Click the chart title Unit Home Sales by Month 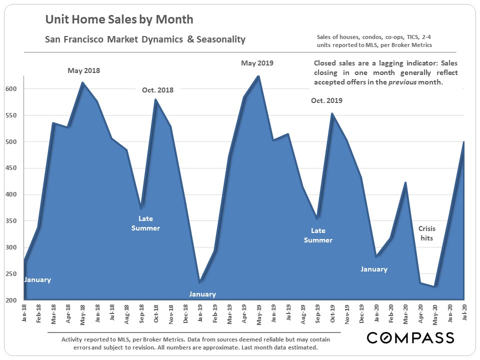tap(119, 20)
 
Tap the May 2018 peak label tap(84, 70)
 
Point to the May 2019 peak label tap(257, 63)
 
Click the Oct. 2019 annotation tap(326, 100)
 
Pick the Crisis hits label tap(426, 233)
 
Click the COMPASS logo tap(410, 338)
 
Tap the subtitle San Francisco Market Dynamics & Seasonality tap(145, 39)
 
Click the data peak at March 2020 tap(405, 182)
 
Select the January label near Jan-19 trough tap(202, 294)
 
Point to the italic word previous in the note tap(409, 82)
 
